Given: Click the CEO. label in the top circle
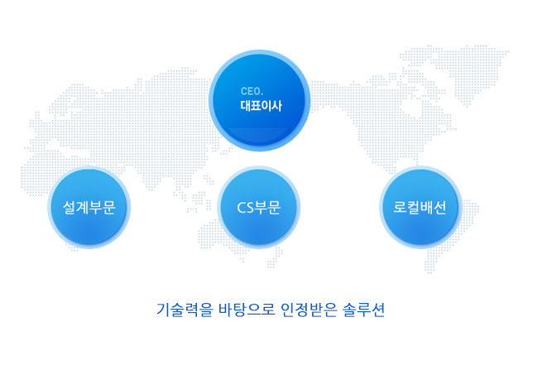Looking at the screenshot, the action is pos(252,91).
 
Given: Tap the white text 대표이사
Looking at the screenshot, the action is pos(261,106).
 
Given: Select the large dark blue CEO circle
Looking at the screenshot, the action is pos(259,100).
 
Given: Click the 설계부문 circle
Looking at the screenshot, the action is pos(89,207).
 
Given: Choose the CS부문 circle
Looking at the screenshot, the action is pos(259,207).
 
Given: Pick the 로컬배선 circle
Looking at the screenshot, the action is pos(420,207).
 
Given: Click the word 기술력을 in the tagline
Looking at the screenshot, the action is pos(185,310).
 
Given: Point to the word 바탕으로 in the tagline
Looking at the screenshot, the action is pos(247,310).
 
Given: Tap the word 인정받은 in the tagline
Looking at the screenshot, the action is pos(309,310).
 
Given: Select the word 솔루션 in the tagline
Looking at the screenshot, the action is pos(363,310).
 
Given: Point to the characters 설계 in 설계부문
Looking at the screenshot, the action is pos(76,208).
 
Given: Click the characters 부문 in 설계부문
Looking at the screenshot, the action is pos(102,208).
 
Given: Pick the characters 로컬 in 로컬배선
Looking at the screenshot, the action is pos(406,208).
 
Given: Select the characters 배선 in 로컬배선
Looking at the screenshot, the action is pos(433,208).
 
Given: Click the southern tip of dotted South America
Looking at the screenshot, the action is pos(430,271).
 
